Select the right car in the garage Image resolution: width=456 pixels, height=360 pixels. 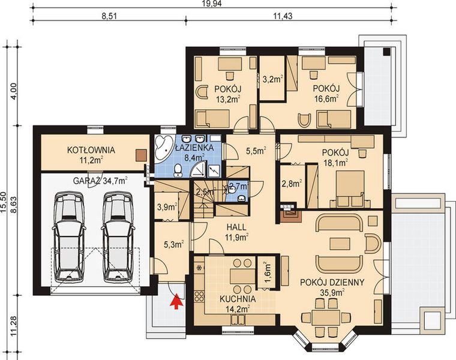[x=116, y=236]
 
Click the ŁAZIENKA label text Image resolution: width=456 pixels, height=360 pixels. [x=191, y=147]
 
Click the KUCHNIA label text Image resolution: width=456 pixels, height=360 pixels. [x=236, y=298]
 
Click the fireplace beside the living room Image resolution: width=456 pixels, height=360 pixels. [x=288, y=211]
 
